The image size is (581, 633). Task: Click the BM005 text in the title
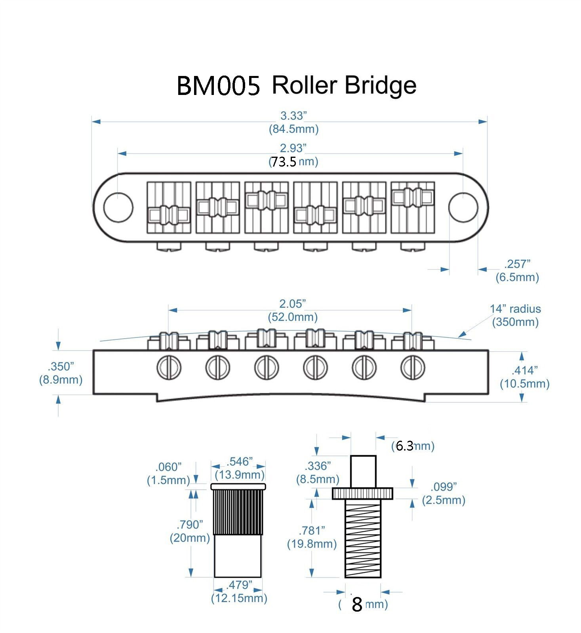[218, 86]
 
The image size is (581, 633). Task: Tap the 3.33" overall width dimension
[293, 116]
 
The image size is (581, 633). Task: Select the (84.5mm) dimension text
[293, 129]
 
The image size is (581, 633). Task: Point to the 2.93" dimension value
[293, 148]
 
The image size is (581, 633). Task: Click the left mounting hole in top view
[118, 207]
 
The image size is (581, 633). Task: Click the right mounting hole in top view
[463, 207]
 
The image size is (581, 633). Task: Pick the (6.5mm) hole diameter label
[517, 277]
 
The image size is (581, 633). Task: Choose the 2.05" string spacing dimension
[293, 304]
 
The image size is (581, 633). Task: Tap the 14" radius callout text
[515, 309]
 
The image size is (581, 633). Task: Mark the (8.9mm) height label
[61, 380]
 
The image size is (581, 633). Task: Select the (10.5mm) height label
[524, 384]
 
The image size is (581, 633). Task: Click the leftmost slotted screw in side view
[169, 368]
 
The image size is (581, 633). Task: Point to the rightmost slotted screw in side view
[413, 368]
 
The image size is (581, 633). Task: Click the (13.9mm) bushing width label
[240, 474]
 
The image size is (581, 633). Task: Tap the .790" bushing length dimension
[190, 525]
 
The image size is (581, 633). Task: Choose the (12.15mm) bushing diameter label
[239, 598]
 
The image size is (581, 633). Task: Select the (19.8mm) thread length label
[312, 544]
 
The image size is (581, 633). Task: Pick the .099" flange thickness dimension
[444, 487]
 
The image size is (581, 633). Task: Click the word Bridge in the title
[381, 85]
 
